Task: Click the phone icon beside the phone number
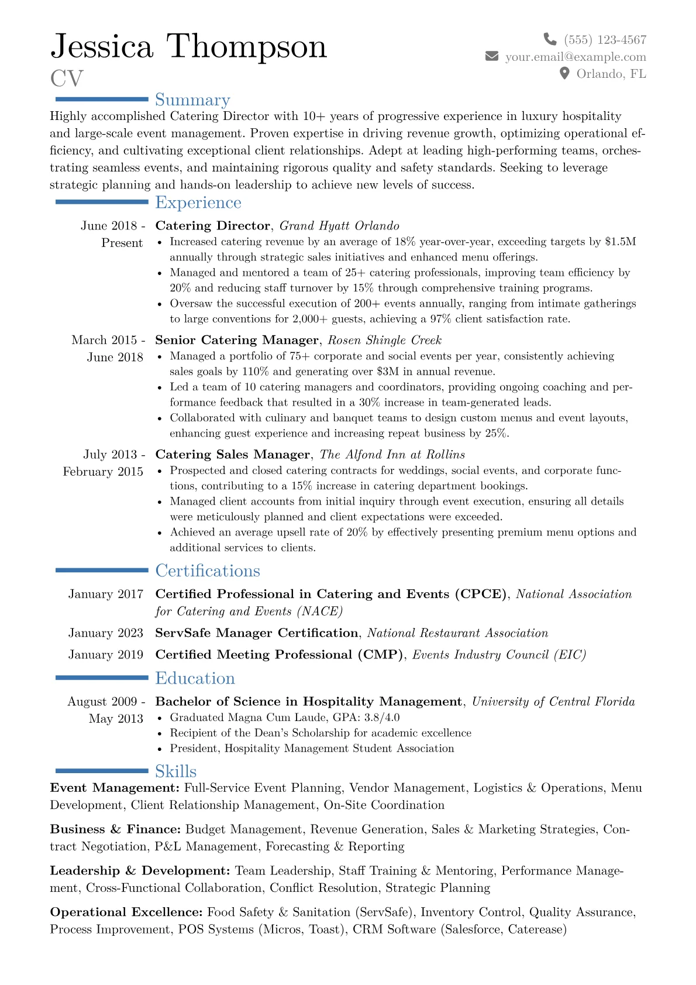click(x=550, y=39)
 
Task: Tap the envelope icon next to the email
click(x=492, y=56)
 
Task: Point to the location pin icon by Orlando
click(x=564, y=73)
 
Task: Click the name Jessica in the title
click(x=102, y=46)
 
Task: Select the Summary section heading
click(x=192, y=99)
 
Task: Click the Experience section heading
click(x=198, y=203)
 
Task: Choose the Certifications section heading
click(x=208, y=571)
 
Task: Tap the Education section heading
click(x=195, y=678)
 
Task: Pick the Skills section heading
click(x=175, y=771)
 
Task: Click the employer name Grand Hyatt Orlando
click(x=339, y=226)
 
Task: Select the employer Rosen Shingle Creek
click(x=384, y=340)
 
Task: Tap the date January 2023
click(x=105, y=633)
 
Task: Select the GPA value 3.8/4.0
click(x=383, y=718)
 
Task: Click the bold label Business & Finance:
click(x=115, y=829)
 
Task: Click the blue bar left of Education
click(x=101, y=678)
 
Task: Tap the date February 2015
click(x=103, y=472)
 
